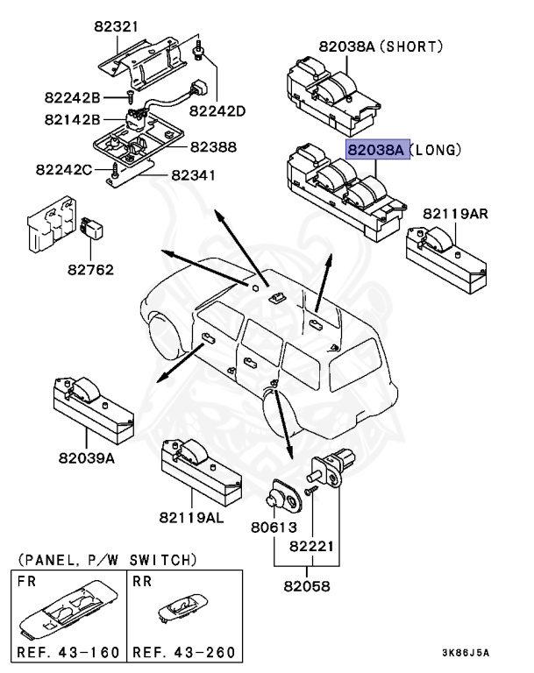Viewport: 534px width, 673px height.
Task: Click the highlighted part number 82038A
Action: [x=376, y=150]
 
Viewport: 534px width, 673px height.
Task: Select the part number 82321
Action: [x=116, y=27]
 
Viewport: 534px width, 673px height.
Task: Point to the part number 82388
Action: [x=213, y=147]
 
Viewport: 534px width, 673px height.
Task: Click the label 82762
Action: [x=92, y=270]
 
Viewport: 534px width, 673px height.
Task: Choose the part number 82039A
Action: [x=87, y=458]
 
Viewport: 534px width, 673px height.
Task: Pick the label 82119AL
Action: [x=191, y=517]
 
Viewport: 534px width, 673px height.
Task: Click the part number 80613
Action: [x=274, y=528]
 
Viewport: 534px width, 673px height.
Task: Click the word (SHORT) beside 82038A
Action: [x=413, y=46]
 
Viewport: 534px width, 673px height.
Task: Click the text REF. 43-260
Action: [x=185, y=652]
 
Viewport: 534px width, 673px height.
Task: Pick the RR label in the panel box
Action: [x=142, y=581]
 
